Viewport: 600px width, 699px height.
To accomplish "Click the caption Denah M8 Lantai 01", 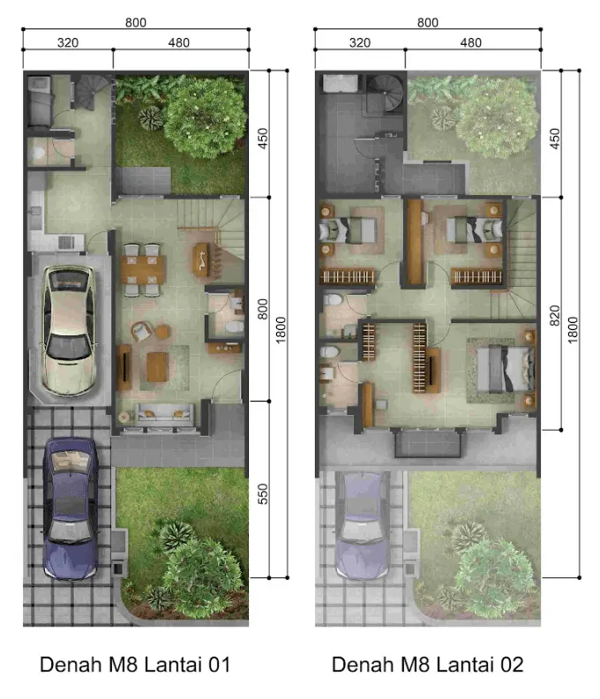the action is [x=135, y=665].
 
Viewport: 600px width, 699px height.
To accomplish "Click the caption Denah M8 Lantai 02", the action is [x=427, y=665].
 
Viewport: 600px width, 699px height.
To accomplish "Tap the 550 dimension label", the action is [x=263, y=494].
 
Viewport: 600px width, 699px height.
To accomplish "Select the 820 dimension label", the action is [x=554, y=316].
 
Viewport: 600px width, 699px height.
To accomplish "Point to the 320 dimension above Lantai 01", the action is [x=68, y=42].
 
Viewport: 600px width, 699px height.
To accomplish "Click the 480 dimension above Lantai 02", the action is [x=470, y=42].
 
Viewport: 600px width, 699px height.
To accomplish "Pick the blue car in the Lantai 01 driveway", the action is [x=71, y=508].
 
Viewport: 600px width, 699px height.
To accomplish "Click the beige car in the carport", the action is [x=69, y=330].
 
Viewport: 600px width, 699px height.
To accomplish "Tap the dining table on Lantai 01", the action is [x=143, y=269].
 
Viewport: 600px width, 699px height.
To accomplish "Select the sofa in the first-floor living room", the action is [x=165, y=415].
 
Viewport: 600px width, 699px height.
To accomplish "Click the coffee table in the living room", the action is [x=158, y=367].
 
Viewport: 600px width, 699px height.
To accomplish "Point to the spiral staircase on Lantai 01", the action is [x=92, y=93].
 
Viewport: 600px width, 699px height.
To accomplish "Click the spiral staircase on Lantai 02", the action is [x=384, y=94].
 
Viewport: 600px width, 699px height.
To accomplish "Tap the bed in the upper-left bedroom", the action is [x=348, y=230].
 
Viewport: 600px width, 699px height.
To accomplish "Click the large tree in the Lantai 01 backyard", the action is [x=204, y=116].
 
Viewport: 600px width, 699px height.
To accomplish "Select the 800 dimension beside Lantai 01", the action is [x=263, y=309].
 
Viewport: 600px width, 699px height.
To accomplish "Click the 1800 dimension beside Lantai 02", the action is [x=574, y=330].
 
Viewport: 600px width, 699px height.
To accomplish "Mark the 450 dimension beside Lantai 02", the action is [x=554, y=139].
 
